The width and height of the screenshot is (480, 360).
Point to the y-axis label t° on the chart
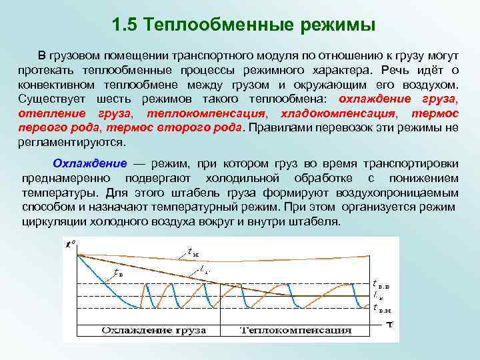69,244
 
